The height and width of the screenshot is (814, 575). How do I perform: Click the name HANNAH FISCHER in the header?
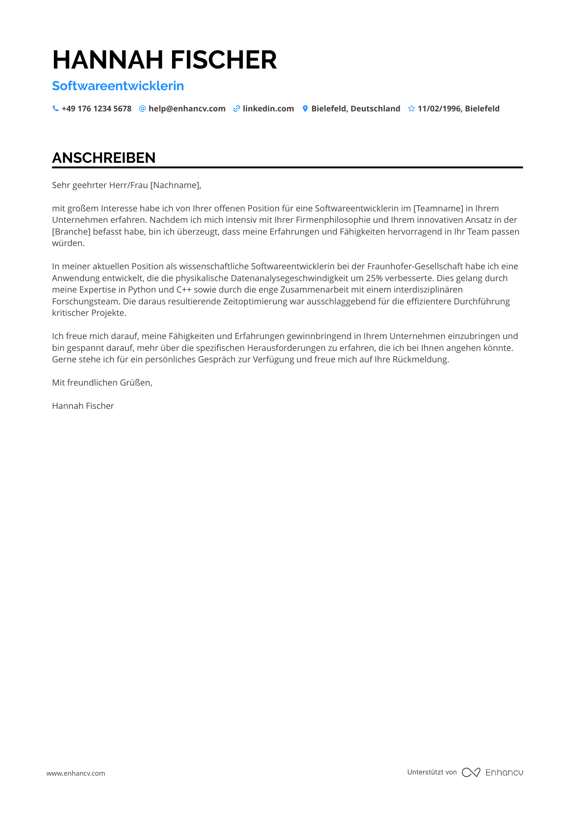(x=164, y=60)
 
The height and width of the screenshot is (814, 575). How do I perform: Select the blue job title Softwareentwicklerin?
(x=118, y=86)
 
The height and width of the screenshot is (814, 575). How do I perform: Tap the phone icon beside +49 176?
(x=55, y=109)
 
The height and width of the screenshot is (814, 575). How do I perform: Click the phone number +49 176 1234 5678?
(x=96, y=109)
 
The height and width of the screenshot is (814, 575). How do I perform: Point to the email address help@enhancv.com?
(x=187, y=109)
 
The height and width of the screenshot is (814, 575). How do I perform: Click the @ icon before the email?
(x=142, y=109)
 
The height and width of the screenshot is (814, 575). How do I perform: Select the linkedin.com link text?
(x=268, y=109)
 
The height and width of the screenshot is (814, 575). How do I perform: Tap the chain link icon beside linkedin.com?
(x=237, y=109)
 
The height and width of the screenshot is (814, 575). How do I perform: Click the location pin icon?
(x=305, y=109)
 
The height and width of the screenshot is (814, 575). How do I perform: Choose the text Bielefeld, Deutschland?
(x=356, y=109)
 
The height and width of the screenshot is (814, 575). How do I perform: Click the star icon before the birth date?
(x=411, y=109)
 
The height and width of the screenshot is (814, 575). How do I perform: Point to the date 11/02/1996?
(x=440, y=109)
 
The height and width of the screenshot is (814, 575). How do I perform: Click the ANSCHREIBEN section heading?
(x=104, y=158)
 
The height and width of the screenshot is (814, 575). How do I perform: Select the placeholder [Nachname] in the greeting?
(x=175, y=185)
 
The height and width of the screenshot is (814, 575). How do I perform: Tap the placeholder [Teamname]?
(x=438, y=208)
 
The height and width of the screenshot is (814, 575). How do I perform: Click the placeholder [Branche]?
(x=71, y=232)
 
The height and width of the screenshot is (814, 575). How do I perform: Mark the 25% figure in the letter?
(x=374, y=278)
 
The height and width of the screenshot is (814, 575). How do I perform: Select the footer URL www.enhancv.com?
(x=76, y=773)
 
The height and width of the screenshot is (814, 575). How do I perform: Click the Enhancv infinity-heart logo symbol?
(x=471, y=772)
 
